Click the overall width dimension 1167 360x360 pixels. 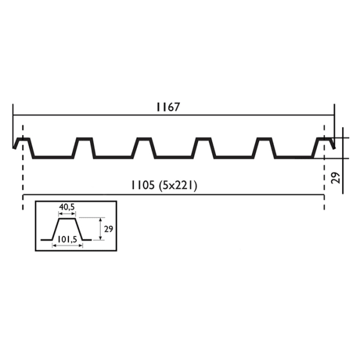tap(169, 107)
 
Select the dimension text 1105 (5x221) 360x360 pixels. tap(164, 186)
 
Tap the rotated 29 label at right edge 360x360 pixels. tap(336, 177)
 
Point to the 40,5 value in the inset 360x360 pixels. tap(67, 208)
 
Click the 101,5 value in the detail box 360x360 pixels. tap(66, 239)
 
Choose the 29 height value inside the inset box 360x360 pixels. tap(107, 229)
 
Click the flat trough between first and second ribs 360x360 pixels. tap(53, 157)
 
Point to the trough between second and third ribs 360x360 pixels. tap(114, 157)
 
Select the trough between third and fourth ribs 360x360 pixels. tap(174, 157)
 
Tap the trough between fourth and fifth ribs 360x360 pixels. tap(234, 157)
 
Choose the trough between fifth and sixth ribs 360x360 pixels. tap(294, 157)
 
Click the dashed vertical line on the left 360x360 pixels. tap(23, 180)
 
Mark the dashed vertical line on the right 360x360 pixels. tap(324, 180)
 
